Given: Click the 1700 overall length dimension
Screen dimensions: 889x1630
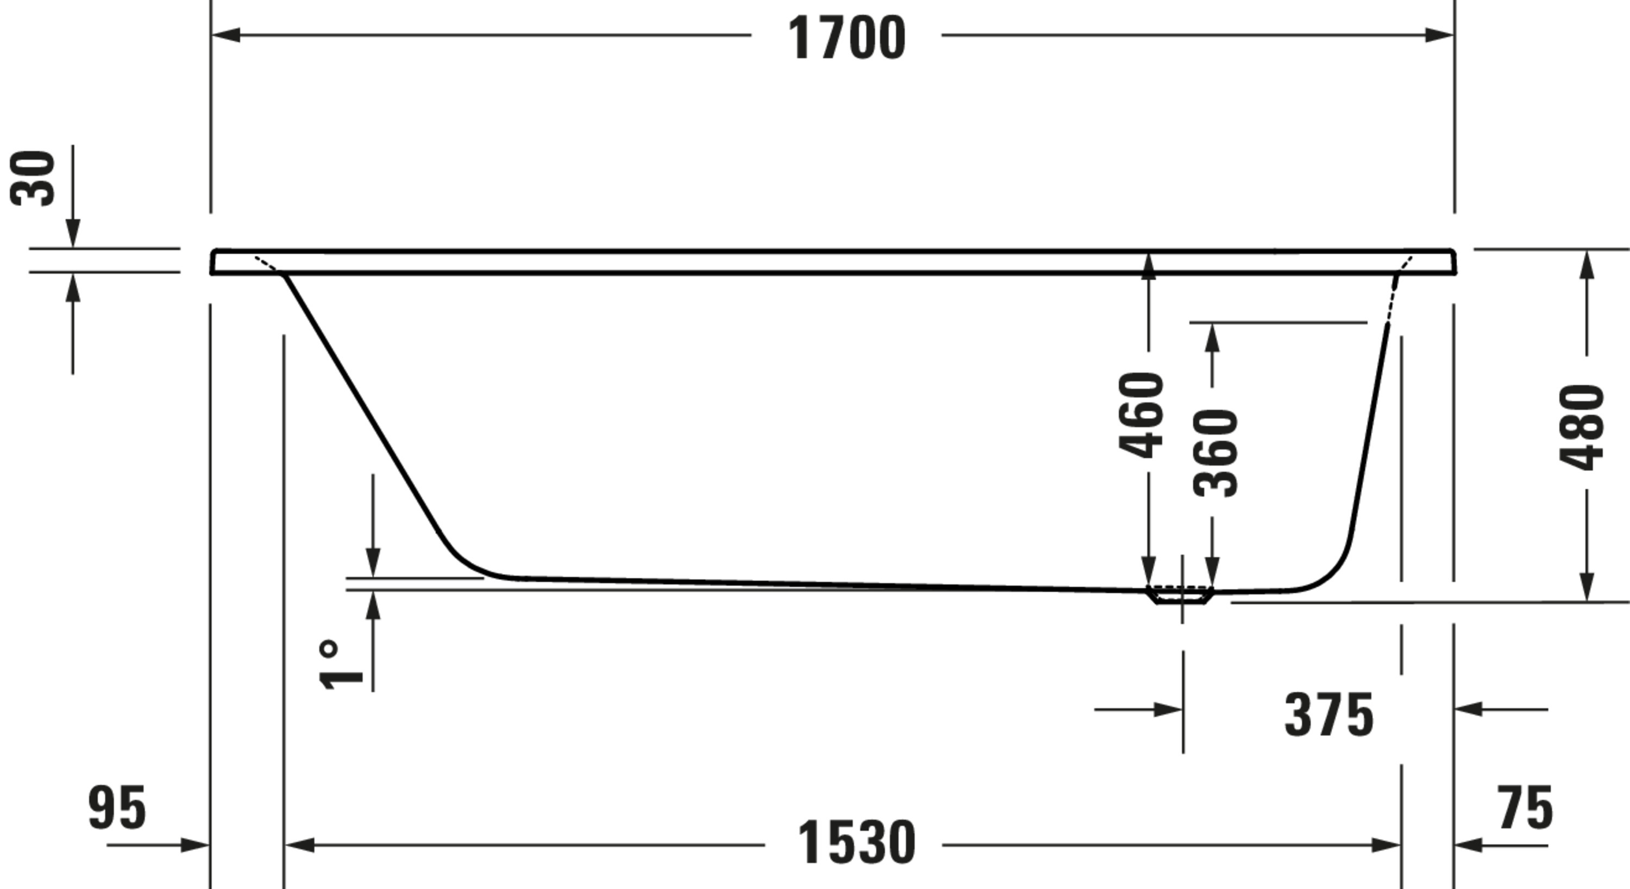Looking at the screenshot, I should [846, 38].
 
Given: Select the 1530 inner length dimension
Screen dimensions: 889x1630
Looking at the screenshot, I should [856, 842].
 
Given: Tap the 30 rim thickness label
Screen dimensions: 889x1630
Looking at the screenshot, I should [33, 178].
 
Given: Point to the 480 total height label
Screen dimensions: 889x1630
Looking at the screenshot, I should [1581, 428].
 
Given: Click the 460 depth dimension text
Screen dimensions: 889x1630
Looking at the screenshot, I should [1140, 415].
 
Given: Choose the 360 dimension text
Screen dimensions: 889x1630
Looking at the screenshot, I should [1215, 453].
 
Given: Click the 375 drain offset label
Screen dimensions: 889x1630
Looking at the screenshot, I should [1329, 716].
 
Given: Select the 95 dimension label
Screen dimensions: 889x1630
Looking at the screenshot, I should [117, 808].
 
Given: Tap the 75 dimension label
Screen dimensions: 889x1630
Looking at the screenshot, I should [1525, 808].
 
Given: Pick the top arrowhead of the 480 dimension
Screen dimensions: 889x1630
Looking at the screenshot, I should [1587, 265].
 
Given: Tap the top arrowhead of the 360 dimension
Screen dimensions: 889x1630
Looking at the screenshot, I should [1212, 339].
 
